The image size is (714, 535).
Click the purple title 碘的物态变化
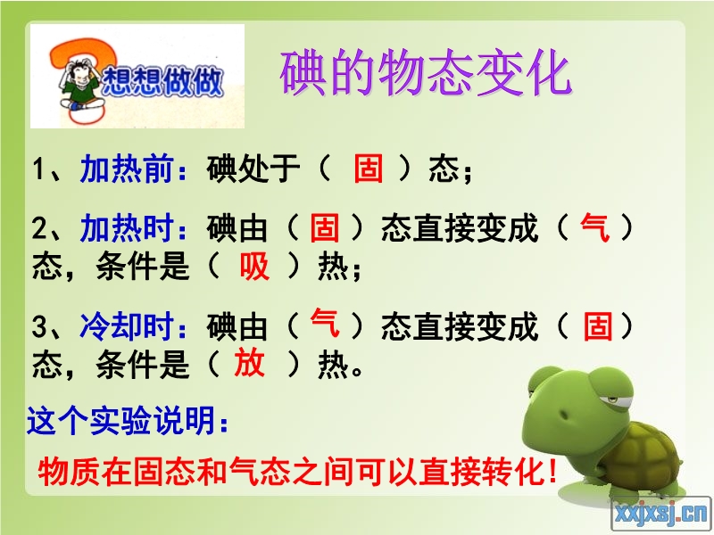click(426, 73)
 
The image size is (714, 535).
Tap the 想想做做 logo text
click(162, 82)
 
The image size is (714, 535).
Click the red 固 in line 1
click(369, 168)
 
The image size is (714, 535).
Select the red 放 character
click(250, 363)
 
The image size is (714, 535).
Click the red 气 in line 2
click(594, 226)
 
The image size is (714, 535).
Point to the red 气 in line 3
click(325, 323)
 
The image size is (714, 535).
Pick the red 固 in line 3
click(598, 325)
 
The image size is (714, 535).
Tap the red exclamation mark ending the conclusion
click(553, 472)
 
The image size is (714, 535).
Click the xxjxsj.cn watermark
click(661, 514)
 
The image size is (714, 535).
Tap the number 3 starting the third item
click(39, 326)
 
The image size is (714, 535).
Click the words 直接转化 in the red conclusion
click(483, 472)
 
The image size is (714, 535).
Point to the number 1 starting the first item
click(38, 169)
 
